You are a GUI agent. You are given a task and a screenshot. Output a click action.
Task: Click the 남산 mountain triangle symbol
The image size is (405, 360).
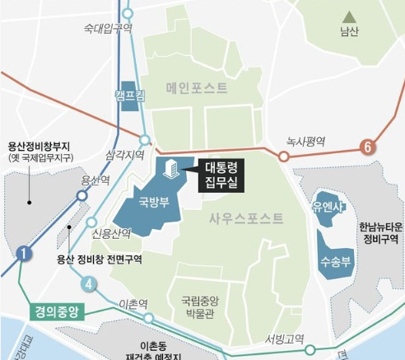[x=350, y=16]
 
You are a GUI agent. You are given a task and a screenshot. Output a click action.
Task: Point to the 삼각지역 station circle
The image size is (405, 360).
[x=145, y=140]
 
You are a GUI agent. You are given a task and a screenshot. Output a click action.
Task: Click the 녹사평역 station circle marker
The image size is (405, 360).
[x=283, y=156]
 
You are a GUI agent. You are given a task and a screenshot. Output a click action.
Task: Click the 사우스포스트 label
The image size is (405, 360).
[x=246, y=218]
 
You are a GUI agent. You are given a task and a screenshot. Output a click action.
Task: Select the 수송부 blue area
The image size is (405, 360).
[x=336, y=258]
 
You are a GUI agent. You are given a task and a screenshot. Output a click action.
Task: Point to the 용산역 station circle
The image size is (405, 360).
[x=81, y=196]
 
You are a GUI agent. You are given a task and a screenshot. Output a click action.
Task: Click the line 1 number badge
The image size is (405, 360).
[x=24, y=254]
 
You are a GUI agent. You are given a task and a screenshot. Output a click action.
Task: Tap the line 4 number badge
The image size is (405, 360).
[x=88, y=285]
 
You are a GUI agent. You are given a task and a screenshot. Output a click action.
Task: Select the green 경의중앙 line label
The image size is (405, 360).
[x=57, y=312]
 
